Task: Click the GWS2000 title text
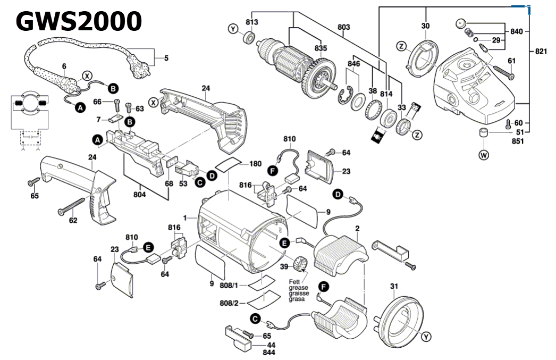click(79, 21)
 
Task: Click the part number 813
click(251, 22)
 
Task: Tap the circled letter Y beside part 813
click(233, 29)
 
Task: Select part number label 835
click(321, 48)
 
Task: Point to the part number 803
click(344, 26)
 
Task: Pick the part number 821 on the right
click(541, 52)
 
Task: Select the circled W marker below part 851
click(483, 156)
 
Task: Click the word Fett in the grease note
click(295, 281)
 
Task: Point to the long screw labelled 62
click(72, 207)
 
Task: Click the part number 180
click(255, 164)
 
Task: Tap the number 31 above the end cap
click(393, 287)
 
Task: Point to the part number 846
click(354, 64)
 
